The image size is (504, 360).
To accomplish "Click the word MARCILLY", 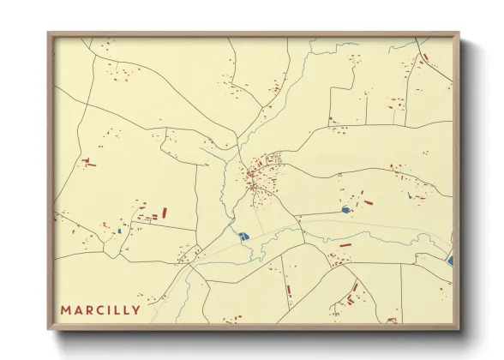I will tap(100, 309).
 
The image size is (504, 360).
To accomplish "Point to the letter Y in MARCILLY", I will tap(135, 309).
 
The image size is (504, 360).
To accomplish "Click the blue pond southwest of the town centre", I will tap(243, 236).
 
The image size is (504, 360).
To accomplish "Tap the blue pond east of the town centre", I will tap(346, 209).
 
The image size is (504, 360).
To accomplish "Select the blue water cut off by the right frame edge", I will tap(450, 258).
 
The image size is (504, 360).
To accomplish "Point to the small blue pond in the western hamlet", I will tap(119, 231).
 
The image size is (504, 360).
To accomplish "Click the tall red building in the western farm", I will tap(164, 213).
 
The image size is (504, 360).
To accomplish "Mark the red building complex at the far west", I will tap(88, 161).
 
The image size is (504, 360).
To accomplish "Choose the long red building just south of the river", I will tap(345, 245).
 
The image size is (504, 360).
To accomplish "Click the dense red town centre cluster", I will tap(255, 178).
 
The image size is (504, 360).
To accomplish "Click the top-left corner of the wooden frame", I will tap(49, 33).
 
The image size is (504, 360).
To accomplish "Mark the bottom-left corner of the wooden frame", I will tap(49, 329).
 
